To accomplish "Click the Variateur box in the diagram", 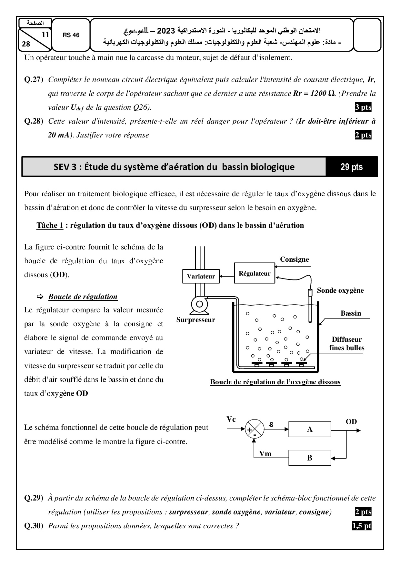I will tap(201, 276).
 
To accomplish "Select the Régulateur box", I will tap(255, 274).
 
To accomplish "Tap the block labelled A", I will tap(310, 429).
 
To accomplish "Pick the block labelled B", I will tap(310, 458).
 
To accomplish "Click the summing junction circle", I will tap(255, 429).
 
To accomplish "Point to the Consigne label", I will tap(294, 259).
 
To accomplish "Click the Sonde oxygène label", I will tap(340, 290).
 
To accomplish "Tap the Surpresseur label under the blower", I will tap(195, 320).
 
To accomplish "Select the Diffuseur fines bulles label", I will tap(347, 344).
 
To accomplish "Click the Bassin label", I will tap(351, 313).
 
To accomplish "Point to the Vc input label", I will tap(231, 419).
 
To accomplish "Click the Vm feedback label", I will tap(265, 454).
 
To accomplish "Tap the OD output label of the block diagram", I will tap(351, 422).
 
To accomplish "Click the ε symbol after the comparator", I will tap(271, 425).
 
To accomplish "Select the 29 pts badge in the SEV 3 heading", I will tap(352, 167).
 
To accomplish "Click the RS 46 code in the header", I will tap(71, 35).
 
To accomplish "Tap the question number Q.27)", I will tap(34, 80).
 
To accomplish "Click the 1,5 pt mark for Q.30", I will tap(362, 526).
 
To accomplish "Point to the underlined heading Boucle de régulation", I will tap(83, 297).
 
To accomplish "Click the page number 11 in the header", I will tap(45, 35).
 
